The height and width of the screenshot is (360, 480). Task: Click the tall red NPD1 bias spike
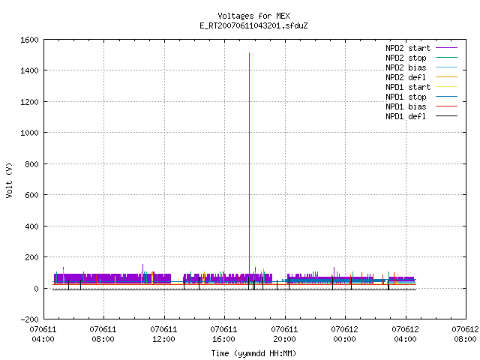(x=249, y=168)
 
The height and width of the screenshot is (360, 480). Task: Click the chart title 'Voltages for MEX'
(x=253, y=16)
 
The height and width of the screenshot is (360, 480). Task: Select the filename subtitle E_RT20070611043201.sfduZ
(x=253, y=25)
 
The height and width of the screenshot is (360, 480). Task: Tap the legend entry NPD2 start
(x=421, y=48)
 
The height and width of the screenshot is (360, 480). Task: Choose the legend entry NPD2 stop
(x=421, y=58)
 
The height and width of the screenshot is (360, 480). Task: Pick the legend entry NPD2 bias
(x=421, y=67)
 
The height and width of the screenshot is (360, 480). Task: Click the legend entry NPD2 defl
(x=421, y=77)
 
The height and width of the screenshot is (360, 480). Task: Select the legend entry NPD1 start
(x=421, y=87)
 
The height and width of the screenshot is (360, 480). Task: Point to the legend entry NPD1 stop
(x=421, y=97)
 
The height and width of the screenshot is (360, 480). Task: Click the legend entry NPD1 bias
(x=421, y=106)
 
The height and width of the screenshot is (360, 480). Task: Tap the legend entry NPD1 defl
(x=421, y=117)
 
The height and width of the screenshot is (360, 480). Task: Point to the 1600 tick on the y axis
(x=29, y=40)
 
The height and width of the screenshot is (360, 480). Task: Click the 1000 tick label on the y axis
(x=29, y=133)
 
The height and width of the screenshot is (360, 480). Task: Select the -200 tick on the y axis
(x=29, y=319)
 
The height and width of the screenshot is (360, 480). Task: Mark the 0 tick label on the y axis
(x=37, y=288)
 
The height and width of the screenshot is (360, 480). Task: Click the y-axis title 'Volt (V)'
(x=9, y=180)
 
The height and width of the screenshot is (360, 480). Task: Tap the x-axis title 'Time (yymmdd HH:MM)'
(x=253, y=353)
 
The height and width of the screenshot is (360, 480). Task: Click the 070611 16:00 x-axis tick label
(x=223, y=334)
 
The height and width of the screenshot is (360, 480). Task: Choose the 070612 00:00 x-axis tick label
(x=344, y=334)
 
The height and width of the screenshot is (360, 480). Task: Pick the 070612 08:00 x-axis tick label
(x=465, y=334)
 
